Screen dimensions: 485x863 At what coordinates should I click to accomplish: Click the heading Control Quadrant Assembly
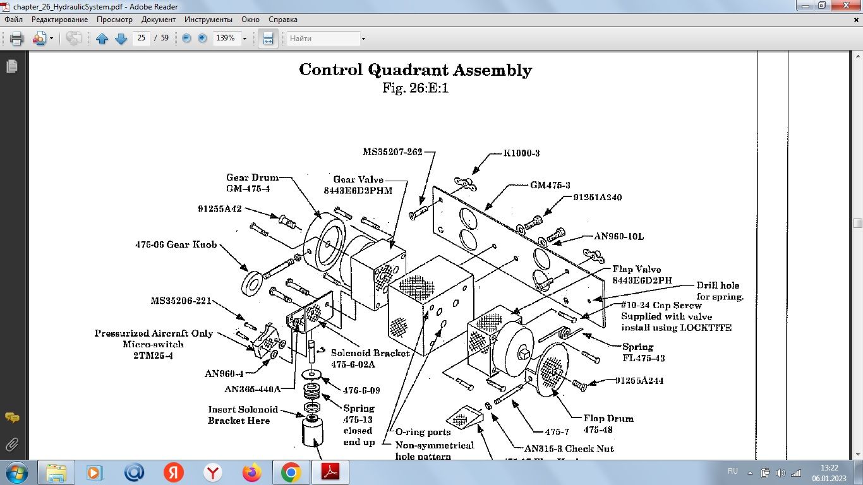pos(415,69)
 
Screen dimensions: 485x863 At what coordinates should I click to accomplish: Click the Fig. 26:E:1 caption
pos(415,88)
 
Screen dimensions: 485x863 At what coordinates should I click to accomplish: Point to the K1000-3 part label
pos(521,153)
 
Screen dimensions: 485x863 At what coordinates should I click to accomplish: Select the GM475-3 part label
pos(550,185)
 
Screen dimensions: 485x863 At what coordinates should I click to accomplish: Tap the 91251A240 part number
pos(597,197)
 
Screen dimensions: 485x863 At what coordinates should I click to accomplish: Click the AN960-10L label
pos(619,236)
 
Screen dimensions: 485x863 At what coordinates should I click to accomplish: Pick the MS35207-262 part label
pos(392,152)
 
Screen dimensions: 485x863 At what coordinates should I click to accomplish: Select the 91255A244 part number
pos(639,381)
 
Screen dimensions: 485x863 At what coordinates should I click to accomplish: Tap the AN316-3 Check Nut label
pos(569,448)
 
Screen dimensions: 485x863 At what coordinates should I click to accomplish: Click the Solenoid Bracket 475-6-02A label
pos(370,359)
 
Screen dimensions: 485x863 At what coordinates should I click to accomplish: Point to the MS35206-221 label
pos(181,301)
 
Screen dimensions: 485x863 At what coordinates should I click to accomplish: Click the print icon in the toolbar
pos(17,39)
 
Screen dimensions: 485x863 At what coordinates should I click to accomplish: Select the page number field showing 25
pos(141,38)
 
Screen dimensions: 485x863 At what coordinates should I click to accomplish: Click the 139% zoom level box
pos(226,38)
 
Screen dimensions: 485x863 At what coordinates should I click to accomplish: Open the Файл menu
pos(13,20)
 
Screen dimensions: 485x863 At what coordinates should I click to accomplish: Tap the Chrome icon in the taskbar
pos(291,472)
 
